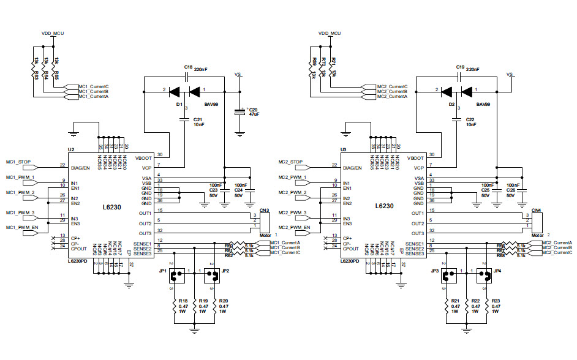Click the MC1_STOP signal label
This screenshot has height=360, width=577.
coord(18,162)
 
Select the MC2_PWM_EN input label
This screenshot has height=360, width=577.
coord(293,227)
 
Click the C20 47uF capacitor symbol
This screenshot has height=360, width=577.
coord(239,113)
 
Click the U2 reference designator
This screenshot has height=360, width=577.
coord(71,149)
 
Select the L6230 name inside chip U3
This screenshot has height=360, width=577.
coord(385,207)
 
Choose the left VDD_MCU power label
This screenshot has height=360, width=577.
coord(53,32)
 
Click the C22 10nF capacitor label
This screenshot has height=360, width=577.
coord(470,122)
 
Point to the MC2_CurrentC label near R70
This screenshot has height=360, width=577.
coord(392,87)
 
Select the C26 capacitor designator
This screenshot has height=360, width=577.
coord(510,190)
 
